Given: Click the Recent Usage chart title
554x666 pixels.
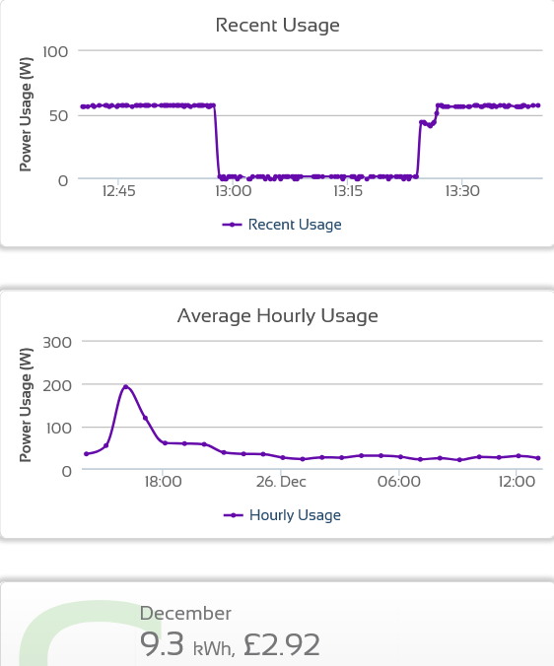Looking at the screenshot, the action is (x=277, y=26).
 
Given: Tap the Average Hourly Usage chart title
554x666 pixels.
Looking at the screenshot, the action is (x=277, y=316).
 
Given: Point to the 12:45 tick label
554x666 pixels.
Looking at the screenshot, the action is (x=118, y=191).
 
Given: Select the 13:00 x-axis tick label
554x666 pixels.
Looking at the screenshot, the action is (x=234, y=191).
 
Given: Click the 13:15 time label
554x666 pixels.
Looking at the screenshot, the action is (x=348, y=191).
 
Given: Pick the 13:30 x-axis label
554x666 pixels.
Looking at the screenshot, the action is (x=462, y=191).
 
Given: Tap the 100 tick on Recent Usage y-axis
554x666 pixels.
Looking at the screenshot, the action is (x=55, y=52).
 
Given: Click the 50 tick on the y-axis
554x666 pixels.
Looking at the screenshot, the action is (x=58, y=116).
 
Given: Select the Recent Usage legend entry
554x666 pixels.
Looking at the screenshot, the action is (x=282, y=225).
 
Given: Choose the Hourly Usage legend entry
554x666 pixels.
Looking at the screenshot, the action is (x=282, y=515).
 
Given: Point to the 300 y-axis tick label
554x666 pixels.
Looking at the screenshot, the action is (x=57, y=342).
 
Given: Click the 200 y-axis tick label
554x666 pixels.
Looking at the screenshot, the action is (x=57, y=385).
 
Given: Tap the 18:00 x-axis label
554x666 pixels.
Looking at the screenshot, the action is (x=163, y=482).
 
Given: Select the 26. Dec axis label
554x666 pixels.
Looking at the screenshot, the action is (x=281, y=482).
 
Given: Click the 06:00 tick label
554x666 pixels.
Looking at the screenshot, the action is (x=399, y=482).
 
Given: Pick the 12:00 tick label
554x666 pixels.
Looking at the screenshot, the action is (x=517, y=482).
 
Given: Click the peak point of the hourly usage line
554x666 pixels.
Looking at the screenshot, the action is (x=126, y=387).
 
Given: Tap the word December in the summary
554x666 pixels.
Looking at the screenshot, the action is (x=185, y=614).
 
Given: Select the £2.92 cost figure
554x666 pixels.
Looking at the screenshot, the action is (x=281, y=644).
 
